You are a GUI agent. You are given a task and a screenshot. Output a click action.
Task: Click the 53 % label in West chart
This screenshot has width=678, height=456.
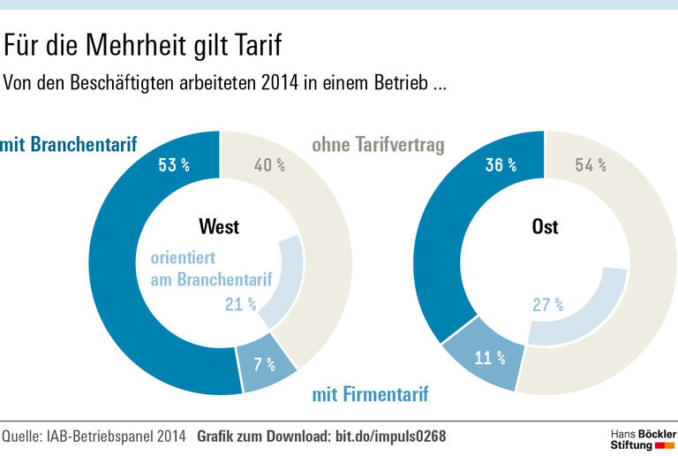pos(175,164)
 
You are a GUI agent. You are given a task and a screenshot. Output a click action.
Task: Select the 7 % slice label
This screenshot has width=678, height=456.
pos(265,364)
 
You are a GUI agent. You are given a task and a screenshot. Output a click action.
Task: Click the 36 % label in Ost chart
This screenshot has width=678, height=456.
pos(501,164)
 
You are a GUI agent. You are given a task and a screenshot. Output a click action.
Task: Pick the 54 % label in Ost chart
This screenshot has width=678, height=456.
pos(590,164)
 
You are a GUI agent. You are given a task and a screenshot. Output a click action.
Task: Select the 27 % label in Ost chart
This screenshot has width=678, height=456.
pos(547,305)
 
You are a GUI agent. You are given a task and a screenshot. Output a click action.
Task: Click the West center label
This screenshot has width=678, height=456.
pos(219,227)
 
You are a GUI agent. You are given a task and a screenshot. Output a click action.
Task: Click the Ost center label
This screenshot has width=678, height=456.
pos(545,227)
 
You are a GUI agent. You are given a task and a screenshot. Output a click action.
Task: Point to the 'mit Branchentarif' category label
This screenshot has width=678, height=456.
pos(69,144)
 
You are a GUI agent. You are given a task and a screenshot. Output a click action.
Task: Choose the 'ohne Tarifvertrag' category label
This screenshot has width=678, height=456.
pos(378,144)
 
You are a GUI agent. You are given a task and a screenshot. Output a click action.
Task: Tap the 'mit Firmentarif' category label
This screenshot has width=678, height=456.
pos(370,394)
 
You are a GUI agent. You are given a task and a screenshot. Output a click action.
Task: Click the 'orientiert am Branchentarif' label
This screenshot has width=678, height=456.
pos(210,270)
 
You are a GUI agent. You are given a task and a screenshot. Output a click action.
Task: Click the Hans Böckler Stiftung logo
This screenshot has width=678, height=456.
pos(642,438)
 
